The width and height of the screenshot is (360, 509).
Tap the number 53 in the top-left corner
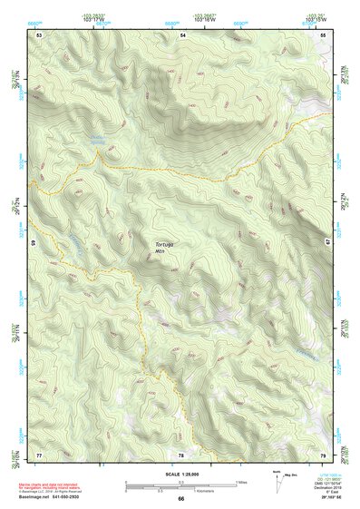(39, 34)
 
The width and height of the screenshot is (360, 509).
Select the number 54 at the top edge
(181, 34)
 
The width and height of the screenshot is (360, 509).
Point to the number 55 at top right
(323, 34)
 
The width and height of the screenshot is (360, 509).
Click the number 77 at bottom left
(39, 454)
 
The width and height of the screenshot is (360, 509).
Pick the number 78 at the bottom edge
(181, 454)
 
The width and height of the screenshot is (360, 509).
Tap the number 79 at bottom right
(323, 454)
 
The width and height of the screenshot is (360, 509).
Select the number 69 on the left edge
(34, 243)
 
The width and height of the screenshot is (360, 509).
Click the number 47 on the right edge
(328, 243)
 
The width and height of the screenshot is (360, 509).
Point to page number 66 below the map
(180, 498)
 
